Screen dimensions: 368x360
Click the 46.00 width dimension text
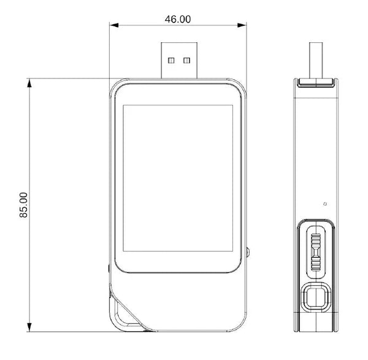[x=178, y=19]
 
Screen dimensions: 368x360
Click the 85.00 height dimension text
[x=23, y=205]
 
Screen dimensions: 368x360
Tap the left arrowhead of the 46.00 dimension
[x=114, y=25]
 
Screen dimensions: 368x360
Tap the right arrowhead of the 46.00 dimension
[x=242, y=25]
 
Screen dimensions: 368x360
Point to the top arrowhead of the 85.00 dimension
[x=29, y=83]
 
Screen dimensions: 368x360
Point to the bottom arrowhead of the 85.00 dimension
[x=29, y=327]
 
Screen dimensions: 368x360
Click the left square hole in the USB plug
[x=171, y=61]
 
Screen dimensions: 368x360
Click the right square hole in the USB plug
[x=186, y=61]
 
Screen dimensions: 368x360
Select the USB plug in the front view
[x=179, y=60]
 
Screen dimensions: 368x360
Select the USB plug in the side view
[x=316, y=60]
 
